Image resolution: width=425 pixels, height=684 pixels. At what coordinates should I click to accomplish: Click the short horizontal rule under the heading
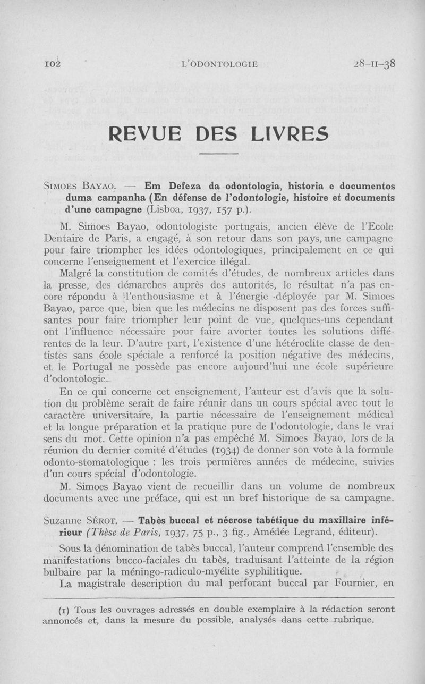[220, 154]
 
